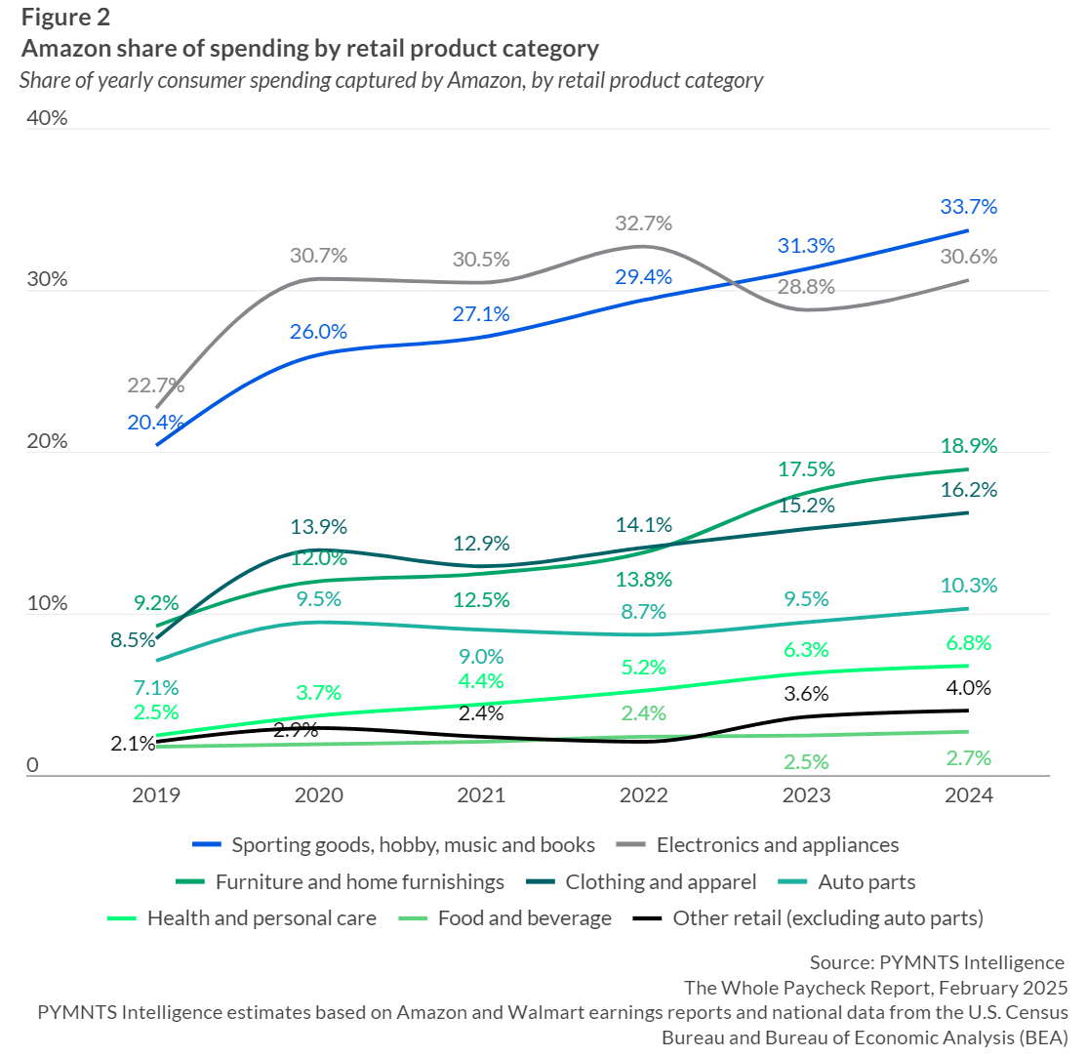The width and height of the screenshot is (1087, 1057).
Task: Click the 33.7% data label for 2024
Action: click(x=968, y=207)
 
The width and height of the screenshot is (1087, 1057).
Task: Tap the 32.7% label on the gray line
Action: click(x=643, y=223)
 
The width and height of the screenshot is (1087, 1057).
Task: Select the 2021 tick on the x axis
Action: click(x=481, y=795)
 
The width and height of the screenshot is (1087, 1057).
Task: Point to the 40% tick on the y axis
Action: click(x=48, y=118)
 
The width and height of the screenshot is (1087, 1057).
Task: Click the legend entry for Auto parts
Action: click(x=866, y=882)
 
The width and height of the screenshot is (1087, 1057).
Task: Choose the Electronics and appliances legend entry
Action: click(x=777, y=844)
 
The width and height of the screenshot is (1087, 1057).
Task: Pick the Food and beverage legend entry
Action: click(x=525, y=918)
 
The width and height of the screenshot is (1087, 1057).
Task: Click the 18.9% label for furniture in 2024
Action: click(x=968, y=446)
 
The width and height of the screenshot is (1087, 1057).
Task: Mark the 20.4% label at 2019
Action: click(x=155, y=423)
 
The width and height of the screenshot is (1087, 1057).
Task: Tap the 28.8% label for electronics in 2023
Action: click(x=805, y=287)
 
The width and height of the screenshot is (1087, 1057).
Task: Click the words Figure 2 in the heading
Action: click(x=65, y=17)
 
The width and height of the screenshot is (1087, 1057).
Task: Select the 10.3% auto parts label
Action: click(x=968, y=586)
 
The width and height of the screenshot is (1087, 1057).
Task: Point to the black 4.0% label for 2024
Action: click(x=968, y=688)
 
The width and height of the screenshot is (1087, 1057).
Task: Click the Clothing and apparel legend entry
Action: click(x=661, y=882)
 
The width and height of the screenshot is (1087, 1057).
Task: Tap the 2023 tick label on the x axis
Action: click(x=806, y=795)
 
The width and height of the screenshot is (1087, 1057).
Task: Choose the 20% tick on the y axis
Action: click(x=48, y=441)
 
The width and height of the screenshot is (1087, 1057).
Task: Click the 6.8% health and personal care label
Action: click(x=968, y=643)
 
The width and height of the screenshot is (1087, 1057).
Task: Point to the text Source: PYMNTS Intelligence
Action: click(x=937, y=962)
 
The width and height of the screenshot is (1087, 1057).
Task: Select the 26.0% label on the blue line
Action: click(x=318, y=331)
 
